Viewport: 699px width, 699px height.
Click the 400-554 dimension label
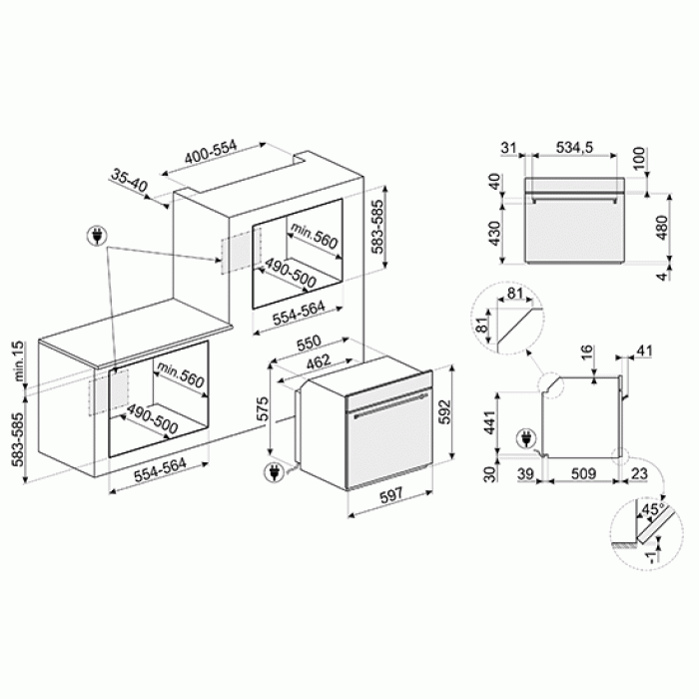pyautogui.click(x=211, y=152)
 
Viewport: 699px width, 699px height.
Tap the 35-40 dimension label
pyautogui.click(x=129, y=180)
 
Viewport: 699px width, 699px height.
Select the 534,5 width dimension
pyautogui.click(x=574, y=147)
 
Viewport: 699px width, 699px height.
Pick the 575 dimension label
pyautogui.click(x=263, y=407)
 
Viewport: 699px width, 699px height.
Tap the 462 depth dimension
pyautogui.click(x=319, y=361)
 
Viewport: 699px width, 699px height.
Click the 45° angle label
pyautogui.click(x=653, y=509)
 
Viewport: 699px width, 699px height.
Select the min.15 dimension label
pyautogui.click(x=19, y=360)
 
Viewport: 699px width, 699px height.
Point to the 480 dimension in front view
pyautogui.click(x=662, y=228)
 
